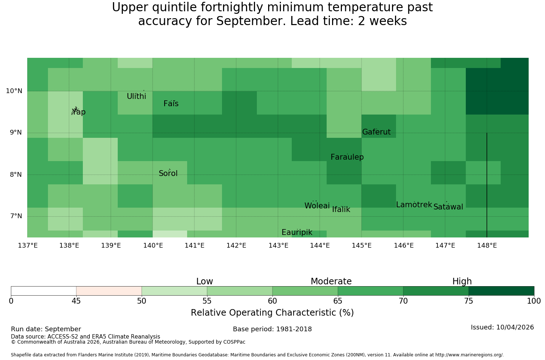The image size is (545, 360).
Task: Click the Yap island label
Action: coord(78,112)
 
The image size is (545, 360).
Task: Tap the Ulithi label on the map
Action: coord(137,96)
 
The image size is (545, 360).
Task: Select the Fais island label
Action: coord(171,104)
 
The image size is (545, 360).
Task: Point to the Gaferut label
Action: coord(376,132)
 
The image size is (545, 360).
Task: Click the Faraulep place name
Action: coord(347,157)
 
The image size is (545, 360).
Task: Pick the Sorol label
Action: coord(168,173)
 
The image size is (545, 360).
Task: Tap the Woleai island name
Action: coord(317,205)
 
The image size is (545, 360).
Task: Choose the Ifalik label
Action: coord(341,209)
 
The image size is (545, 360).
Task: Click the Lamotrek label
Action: coord(414,205)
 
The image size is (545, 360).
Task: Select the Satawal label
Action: coord(448,207)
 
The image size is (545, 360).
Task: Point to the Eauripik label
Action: coord(297,232)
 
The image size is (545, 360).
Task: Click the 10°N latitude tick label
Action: coord(14,91)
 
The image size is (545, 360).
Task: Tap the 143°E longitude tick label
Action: coord(278,245)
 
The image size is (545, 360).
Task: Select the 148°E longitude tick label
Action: coord(487,245)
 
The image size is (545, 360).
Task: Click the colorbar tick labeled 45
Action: coord(76,301)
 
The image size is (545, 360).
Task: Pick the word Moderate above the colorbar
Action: coord(331,281)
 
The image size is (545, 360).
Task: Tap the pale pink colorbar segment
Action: coord(109,291)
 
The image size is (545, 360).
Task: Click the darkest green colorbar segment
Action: coord(501,291)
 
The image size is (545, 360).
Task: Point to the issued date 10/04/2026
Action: coord(515,327)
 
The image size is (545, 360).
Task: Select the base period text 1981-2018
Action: coord(294,329)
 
